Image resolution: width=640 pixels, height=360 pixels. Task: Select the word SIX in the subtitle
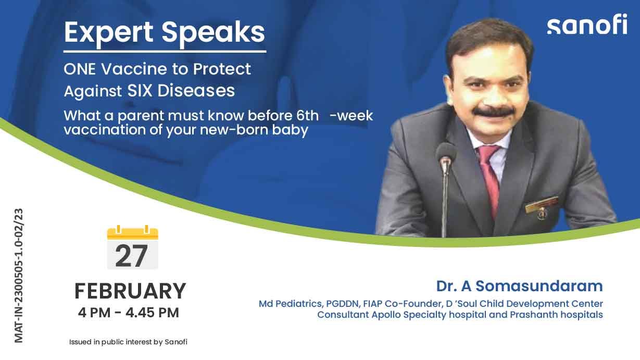tap(140, 91)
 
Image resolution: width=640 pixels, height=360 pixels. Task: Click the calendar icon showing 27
tap(132, 248)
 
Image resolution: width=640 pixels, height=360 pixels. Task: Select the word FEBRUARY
tap(130, 291)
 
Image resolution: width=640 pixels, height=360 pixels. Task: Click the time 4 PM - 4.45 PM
tap(128, 313)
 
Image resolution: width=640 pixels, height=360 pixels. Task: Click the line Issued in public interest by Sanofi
tap(128, 342)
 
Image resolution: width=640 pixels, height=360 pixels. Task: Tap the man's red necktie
tap(490, 177)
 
